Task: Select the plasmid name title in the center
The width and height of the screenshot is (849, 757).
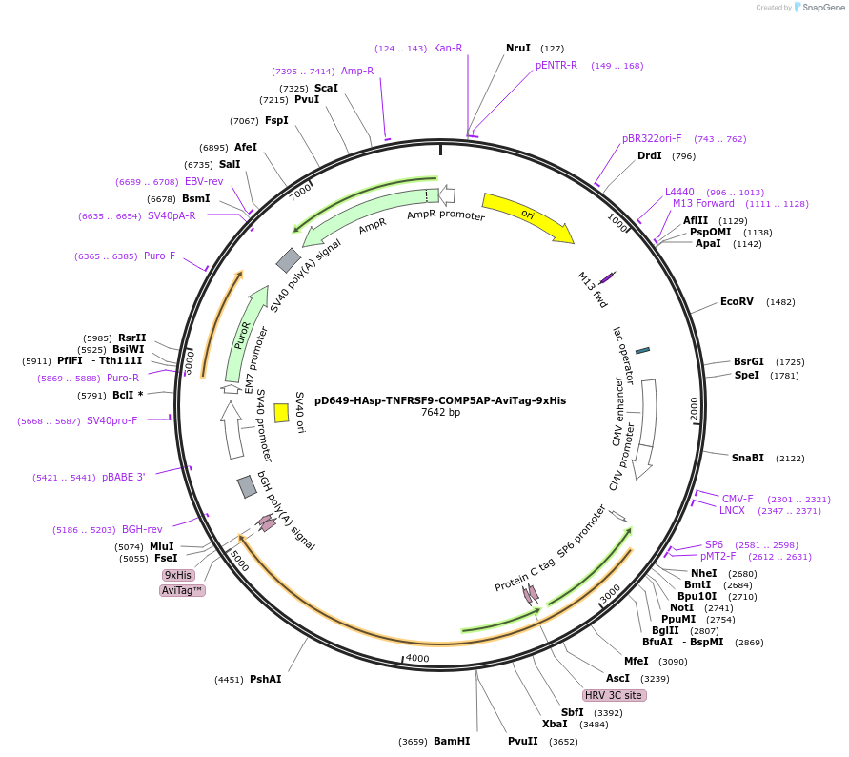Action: [440, 400]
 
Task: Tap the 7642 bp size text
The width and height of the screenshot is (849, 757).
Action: [440, 413]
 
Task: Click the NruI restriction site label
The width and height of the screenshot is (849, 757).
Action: [518, 48]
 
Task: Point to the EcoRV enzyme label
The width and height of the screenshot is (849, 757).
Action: [737, 302]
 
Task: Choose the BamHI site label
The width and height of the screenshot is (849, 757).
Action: [452, 741]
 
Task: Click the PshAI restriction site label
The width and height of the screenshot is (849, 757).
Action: [265, 680]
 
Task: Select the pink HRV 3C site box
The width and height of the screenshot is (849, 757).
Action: [615, 695]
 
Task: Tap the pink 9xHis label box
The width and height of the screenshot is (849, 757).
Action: [178, 575]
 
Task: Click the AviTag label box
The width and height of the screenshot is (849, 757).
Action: [182, 591]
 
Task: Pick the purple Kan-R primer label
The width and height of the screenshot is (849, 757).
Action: [448, 48]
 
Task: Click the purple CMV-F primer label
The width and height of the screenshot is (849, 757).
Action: [737, 499]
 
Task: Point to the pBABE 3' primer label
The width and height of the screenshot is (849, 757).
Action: [124, 477]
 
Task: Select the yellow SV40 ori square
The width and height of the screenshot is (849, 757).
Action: [281, 412]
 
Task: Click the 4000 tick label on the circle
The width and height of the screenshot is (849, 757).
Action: [418, 658]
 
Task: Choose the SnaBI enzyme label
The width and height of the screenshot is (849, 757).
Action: [748, 458]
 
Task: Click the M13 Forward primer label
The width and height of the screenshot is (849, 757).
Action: [703, 203]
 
